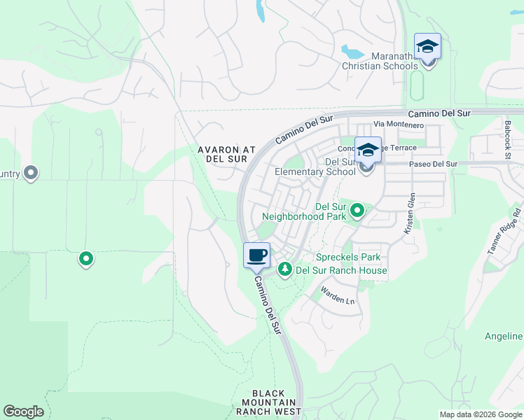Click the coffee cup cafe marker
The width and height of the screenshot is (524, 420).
tap(257, 255)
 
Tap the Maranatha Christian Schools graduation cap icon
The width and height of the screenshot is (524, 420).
tap(427, 47)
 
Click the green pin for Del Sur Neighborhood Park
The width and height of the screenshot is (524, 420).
tap(357, 209)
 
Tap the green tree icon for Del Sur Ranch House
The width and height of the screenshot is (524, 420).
tap(285, 269)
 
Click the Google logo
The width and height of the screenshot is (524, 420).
tap(23, 412)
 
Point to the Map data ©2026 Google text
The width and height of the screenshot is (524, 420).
tap(480, 414)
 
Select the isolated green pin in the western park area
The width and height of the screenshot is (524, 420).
tap(86, 260)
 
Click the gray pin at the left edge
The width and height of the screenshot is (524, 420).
tap(30, 172)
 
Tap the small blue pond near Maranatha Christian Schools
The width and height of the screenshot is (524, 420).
tap(351, 52)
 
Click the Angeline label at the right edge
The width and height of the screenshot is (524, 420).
tap(504, 337)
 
